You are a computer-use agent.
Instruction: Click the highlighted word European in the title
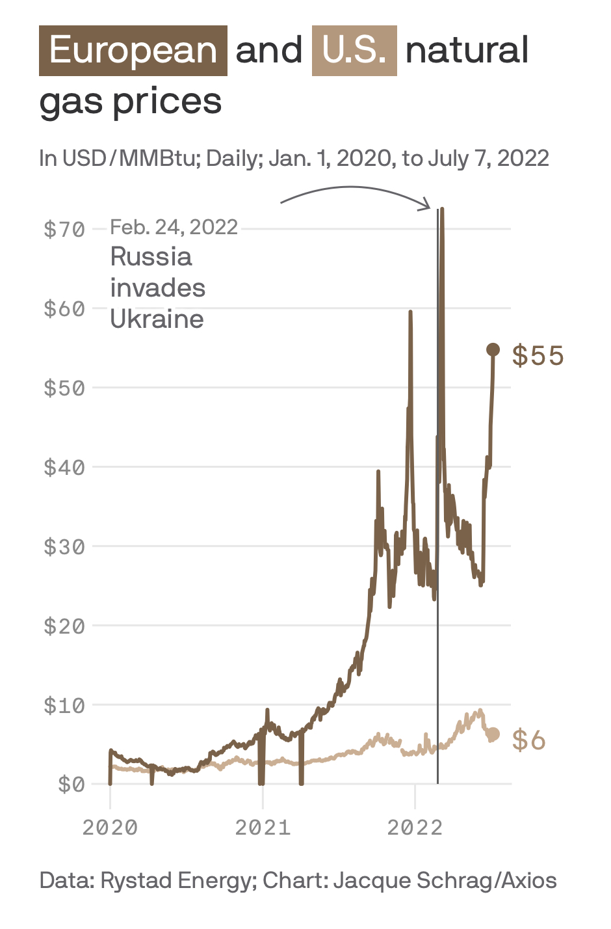pos(133,51)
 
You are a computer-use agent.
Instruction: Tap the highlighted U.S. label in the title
pos(354,51)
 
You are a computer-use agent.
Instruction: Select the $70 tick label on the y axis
pos(64,229)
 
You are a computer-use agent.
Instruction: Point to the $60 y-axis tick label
pos(64,308)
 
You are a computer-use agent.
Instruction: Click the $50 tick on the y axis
pos(64,388)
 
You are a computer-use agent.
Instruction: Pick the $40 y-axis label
pos(64,467)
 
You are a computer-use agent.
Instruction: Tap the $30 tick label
pos(64,546)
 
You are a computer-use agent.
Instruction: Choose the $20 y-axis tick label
pos(64,626)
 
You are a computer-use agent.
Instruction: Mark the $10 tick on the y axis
pos(64,705)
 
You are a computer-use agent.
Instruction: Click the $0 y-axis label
pos(71,785)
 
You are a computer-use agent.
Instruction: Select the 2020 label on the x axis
pos(110,828)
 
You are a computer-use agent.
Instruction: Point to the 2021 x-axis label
pos(263,828)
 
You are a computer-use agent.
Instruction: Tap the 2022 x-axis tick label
pos(415,828)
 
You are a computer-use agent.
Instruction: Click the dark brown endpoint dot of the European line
pos(493,350)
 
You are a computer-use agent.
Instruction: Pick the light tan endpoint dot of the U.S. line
pos(493,734)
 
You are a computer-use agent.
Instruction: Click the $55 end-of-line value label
pos(538,356)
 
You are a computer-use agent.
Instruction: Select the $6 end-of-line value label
pos(528,740)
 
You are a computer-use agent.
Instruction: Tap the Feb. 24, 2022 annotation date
pos(174,227)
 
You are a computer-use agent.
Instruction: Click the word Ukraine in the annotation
pos(157,319)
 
